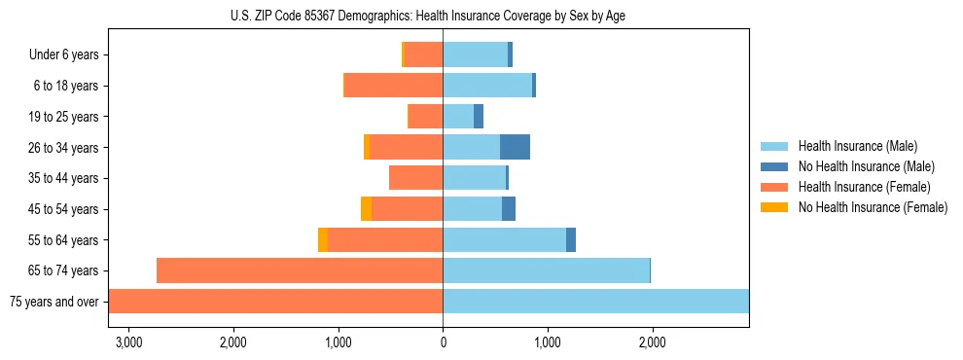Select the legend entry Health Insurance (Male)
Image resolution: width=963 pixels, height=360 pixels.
click(857, 147)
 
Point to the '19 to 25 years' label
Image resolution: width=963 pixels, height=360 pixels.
click(63, 117)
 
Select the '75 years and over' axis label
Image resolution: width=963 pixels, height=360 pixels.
click(54, 302)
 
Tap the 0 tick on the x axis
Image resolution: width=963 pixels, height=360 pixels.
click(443, 342)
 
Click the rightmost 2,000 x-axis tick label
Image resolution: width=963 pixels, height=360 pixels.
click(652, 342)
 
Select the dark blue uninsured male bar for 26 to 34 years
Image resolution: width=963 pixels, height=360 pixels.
click(515, 147)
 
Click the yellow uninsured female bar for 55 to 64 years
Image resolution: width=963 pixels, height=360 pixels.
click(323, 240)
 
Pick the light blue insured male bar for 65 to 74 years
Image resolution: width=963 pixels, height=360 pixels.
click(546, 270)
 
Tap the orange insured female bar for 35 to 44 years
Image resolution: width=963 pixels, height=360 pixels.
click(415, 178)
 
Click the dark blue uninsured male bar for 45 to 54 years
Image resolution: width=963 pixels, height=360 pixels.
click(509, 209)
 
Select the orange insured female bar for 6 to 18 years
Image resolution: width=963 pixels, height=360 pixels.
click(393, 86)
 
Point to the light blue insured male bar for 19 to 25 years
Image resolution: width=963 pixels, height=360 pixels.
click(458, 117)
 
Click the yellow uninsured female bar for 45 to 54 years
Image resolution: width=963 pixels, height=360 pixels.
click(366, 209)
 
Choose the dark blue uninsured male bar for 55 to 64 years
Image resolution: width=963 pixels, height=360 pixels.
click(571, 240)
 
